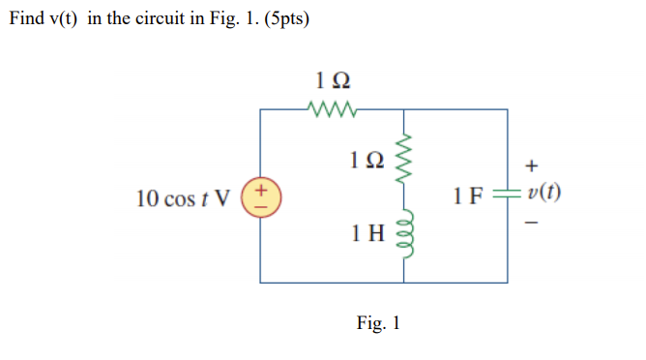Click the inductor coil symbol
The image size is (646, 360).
(404, 232)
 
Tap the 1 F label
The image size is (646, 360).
(469, 198)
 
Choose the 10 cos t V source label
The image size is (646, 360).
(184, 198)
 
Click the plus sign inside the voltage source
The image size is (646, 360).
(261, 190)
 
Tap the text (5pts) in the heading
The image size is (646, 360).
(282, 20)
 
